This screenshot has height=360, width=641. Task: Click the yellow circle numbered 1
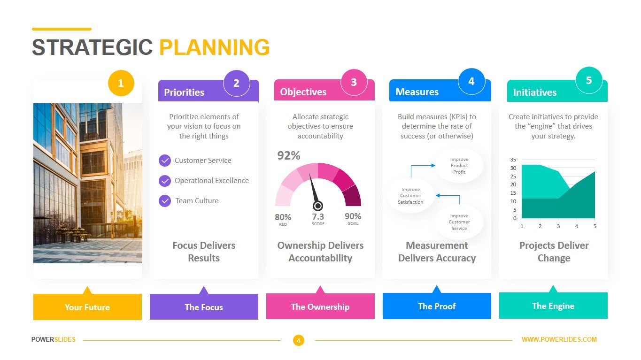click(121, 83)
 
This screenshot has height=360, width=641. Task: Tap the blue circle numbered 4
click(471, 82)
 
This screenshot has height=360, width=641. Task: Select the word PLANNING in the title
click(215, 47)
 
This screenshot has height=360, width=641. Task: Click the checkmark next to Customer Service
click(165, 161)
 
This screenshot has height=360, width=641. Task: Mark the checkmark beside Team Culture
click(165, 201)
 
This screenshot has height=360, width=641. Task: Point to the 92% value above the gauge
click(289, 155)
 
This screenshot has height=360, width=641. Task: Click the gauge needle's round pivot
click(317, 206)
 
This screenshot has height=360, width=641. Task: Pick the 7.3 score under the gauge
click(318, 216)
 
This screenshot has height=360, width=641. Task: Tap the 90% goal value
click(353, 216)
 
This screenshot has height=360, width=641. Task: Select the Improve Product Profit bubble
click(459, 166)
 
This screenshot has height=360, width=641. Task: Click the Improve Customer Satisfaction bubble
click(410, 196)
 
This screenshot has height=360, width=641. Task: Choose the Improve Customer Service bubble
click(459, 222)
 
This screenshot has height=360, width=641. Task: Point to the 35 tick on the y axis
click(513, 160)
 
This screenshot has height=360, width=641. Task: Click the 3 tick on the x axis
click(558, 226)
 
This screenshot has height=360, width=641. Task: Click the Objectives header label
click(303, 92)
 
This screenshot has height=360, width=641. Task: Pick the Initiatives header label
click(534, 92)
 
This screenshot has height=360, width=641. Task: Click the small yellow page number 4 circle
click(299, 341)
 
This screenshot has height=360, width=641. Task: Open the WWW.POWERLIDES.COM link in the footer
click(559, 339)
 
